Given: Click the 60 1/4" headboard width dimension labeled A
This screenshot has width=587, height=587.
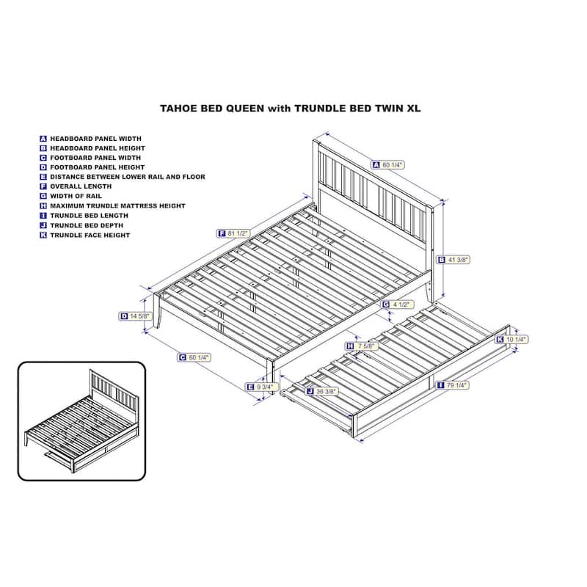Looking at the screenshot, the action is [388, 164].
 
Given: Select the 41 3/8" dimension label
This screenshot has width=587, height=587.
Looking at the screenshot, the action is [453, 260].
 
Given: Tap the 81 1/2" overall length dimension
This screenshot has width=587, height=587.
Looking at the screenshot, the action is [233, 233].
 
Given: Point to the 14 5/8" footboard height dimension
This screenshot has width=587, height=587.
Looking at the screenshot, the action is [136, 316].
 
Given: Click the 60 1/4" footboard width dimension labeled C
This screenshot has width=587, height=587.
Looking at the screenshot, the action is [194, 357].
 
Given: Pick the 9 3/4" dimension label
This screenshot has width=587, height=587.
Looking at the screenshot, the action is [262, 387].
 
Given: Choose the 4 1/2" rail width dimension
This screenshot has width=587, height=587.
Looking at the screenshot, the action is [398, 305].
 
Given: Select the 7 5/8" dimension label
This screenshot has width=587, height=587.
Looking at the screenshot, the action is [362, 346].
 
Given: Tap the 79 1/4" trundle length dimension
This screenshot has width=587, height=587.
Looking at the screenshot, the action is [453, 384].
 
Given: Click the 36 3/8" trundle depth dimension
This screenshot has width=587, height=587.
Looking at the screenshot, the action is [322, 392].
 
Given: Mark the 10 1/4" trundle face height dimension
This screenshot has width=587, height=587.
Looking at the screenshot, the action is [511, 340].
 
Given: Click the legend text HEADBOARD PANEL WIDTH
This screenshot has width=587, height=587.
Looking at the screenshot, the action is [96, 139].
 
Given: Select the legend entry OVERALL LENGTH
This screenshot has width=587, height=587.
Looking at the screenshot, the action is [81, 186].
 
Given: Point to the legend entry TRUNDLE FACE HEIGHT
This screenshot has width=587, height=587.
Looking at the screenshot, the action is [90, 235].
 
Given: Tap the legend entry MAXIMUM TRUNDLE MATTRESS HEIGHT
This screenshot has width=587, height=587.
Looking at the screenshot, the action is [117, 206].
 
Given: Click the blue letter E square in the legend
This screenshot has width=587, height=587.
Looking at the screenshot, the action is [43, 177].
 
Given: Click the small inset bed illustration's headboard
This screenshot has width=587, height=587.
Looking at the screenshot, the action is [114, 392].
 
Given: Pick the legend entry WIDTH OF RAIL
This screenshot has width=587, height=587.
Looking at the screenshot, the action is [76, 196].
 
